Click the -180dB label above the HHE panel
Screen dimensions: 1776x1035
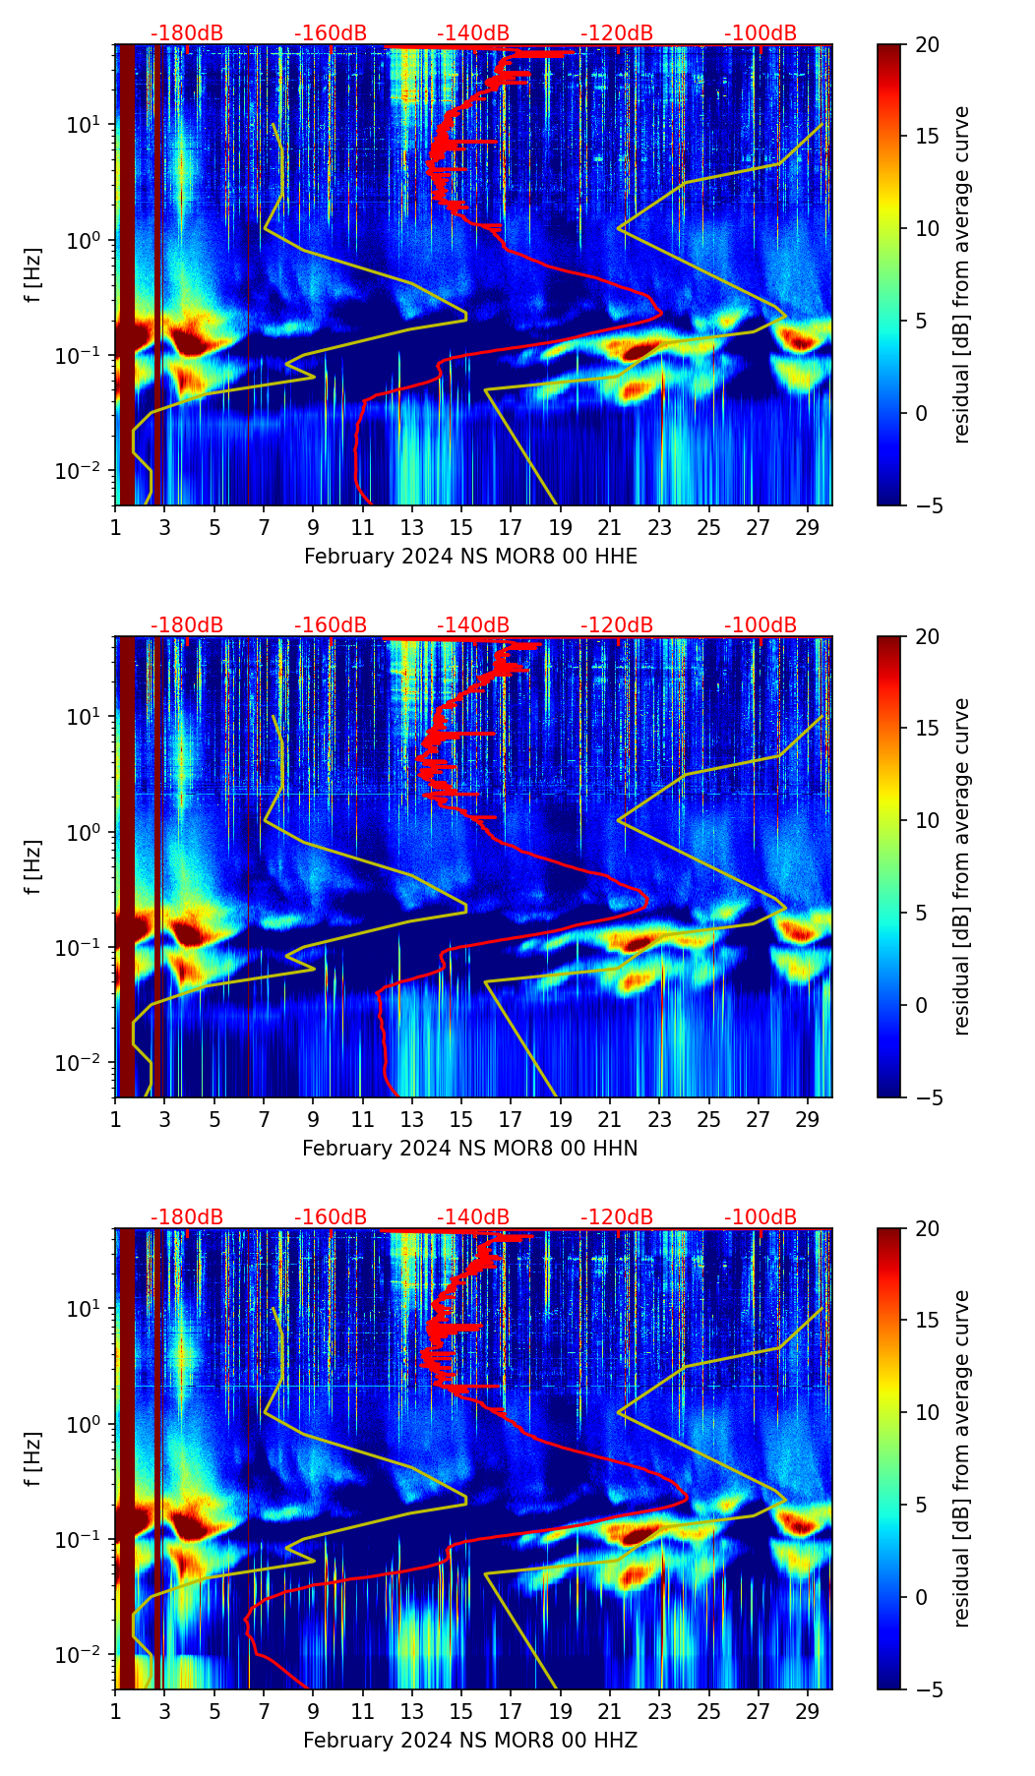187,33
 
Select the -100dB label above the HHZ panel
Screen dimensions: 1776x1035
761,1217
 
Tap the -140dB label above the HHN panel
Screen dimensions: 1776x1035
473,625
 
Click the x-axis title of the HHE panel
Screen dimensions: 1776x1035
470,557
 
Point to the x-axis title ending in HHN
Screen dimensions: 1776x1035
470,1149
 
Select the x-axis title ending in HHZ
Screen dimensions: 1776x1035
470,1741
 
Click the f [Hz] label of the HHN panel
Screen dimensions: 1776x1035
33,866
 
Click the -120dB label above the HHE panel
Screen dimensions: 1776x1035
617,33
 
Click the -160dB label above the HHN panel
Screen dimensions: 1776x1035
331,625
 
